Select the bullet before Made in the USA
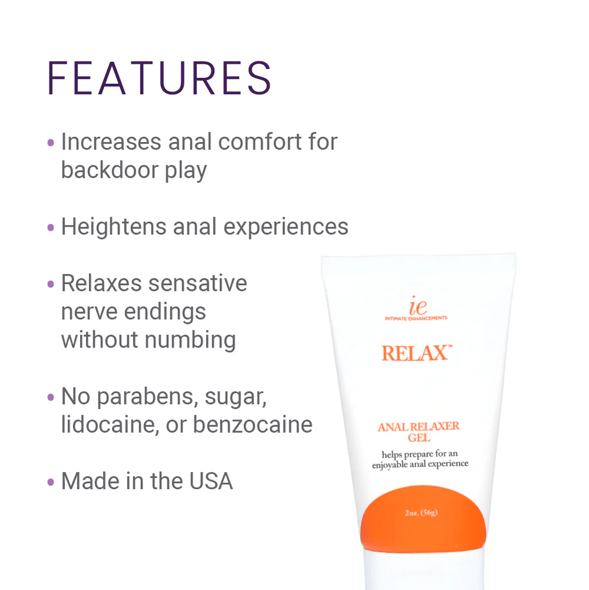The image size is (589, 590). [x=51, y=482]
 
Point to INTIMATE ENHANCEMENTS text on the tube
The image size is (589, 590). [x=416, y=318]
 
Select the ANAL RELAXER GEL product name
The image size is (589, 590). [x=419, y=431]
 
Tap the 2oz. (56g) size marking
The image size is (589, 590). [x=421, y=512]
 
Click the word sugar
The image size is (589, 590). [x=236, y=397]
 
